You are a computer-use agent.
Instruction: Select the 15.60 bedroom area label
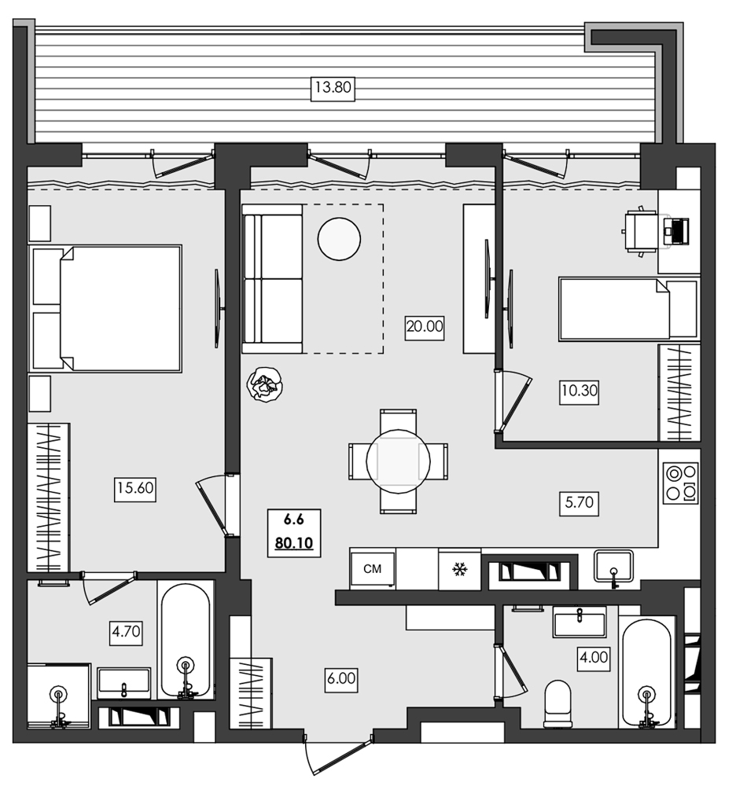pyautogui.click(x=135, y=490)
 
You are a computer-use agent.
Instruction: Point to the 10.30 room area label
pyautogui.click(x=580, y=391)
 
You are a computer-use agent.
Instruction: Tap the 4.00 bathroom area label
pyautogui.click(x=593, y=656)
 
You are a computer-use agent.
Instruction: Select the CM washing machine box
pyautogui.click(x=373, y=568)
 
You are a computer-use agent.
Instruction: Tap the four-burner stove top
pyautogui.click(x=680, y=483)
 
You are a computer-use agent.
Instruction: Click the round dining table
pyautogui.click(x=398, y=461)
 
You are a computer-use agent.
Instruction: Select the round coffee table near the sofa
pyautogui.click(x=339, y=238)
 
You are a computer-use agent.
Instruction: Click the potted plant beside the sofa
pyautogui.click(x=265, y=386)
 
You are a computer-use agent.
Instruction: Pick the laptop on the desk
pyautogui.click(x=675, y=231)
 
